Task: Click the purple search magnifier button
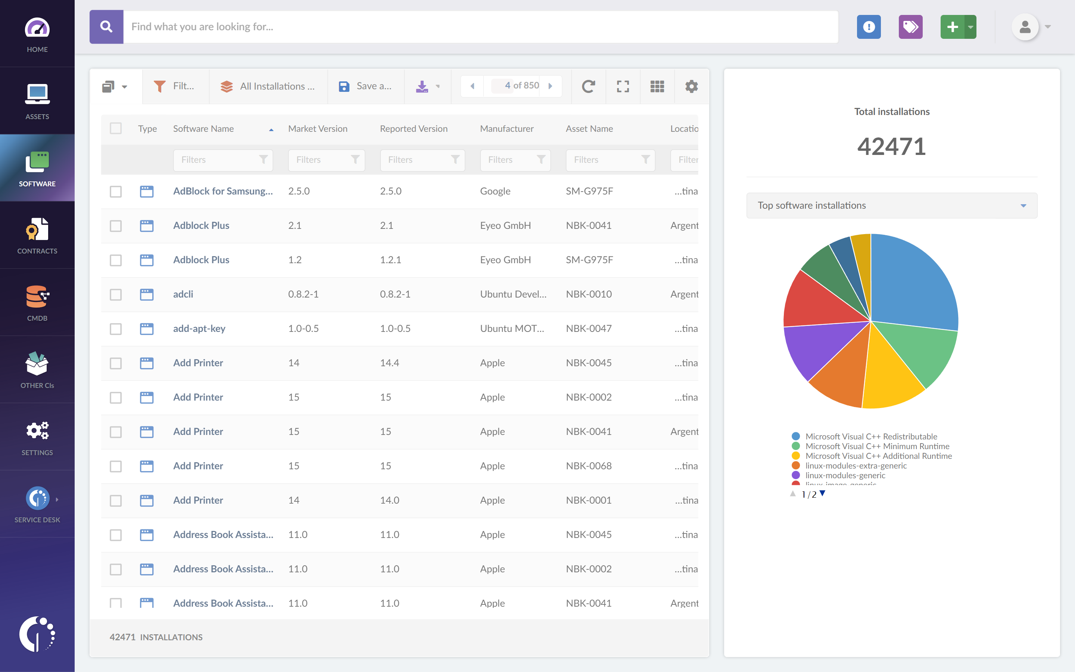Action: pyautogui.click(x=106, y=27)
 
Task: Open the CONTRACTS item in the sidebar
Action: pyautogui.click(x=37, y=235)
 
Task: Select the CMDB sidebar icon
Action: pyautogui.click(x=37, y=302)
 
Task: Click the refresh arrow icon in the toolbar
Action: pyautogui.click(x=588, y=86)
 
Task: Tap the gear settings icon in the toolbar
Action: pyautogui.click(x=691, y=86)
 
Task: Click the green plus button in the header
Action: pyautogui.click(x=952, y=27)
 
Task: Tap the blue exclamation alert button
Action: pyautogui.click(x=869, y=27)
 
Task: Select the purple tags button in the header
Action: pyautogui.click(x=910, y=27)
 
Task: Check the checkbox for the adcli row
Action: pyautogui.click(x=115, y=294)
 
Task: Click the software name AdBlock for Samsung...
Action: pyautogui.click(x=222, y=191)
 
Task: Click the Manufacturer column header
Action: pyautogui.click(x=507, y=128)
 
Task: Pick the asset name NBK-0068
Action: pyautogui.click(x=589, y=466)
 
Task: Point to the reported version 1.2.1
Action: pyautogui.click(x=390, y=260)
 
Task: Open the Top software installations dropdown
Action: pyautogui.click(x=891, y=205)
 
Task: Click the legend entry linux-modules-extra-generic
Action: pyautogui.click(x=856, y=465)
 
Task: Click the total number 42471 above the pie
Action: pyautogui.click(x=891, y=147)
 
